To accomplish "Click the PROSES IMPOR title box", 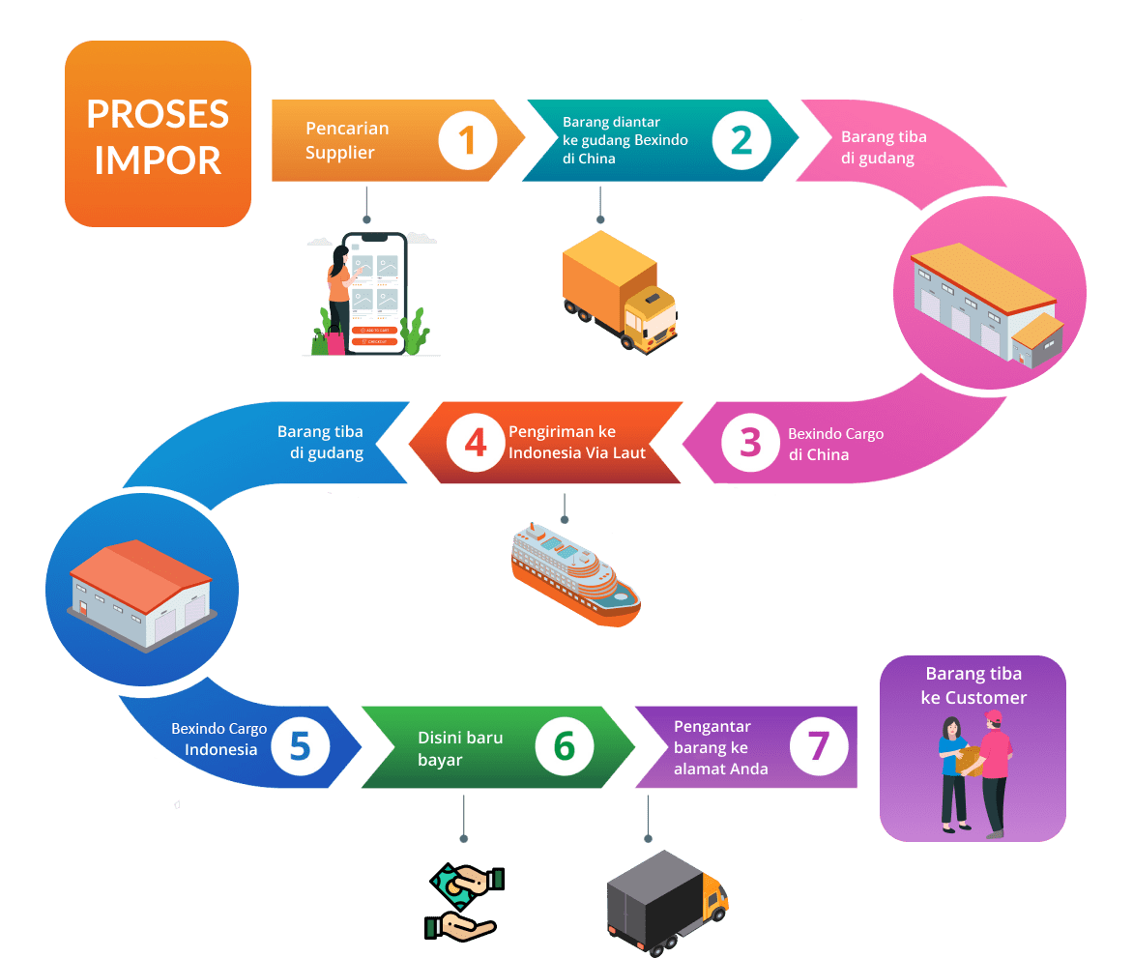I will click(x=158, y=134).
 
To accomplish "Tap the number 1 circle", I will click(x=468, y=140).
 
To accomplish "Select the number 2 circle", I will click(x=741, y=140).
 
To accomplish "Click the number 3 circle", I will click(x=750, y=442).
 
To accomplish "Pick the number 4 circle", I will click(x=476, y=442).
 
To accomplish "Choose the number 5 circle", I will click(x=300, y=747).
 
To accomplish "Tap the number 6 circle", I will click(x=564, y=746).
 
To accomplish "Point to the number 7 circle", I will click(x=819, y=746).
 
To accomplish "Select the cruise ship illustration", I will click(x=574, y=574).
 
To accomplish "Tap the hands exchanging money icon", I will click(x=465, y=902).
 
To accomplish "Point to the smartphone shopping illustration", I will click(x=370, y=294).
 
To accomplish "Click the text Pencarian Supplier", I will click(x=347, y=140).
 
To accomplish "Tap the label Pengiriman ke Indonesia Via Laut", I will click(x=575, y=441).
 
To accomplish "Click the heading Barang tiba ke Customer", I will click(x=973, y=685).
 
